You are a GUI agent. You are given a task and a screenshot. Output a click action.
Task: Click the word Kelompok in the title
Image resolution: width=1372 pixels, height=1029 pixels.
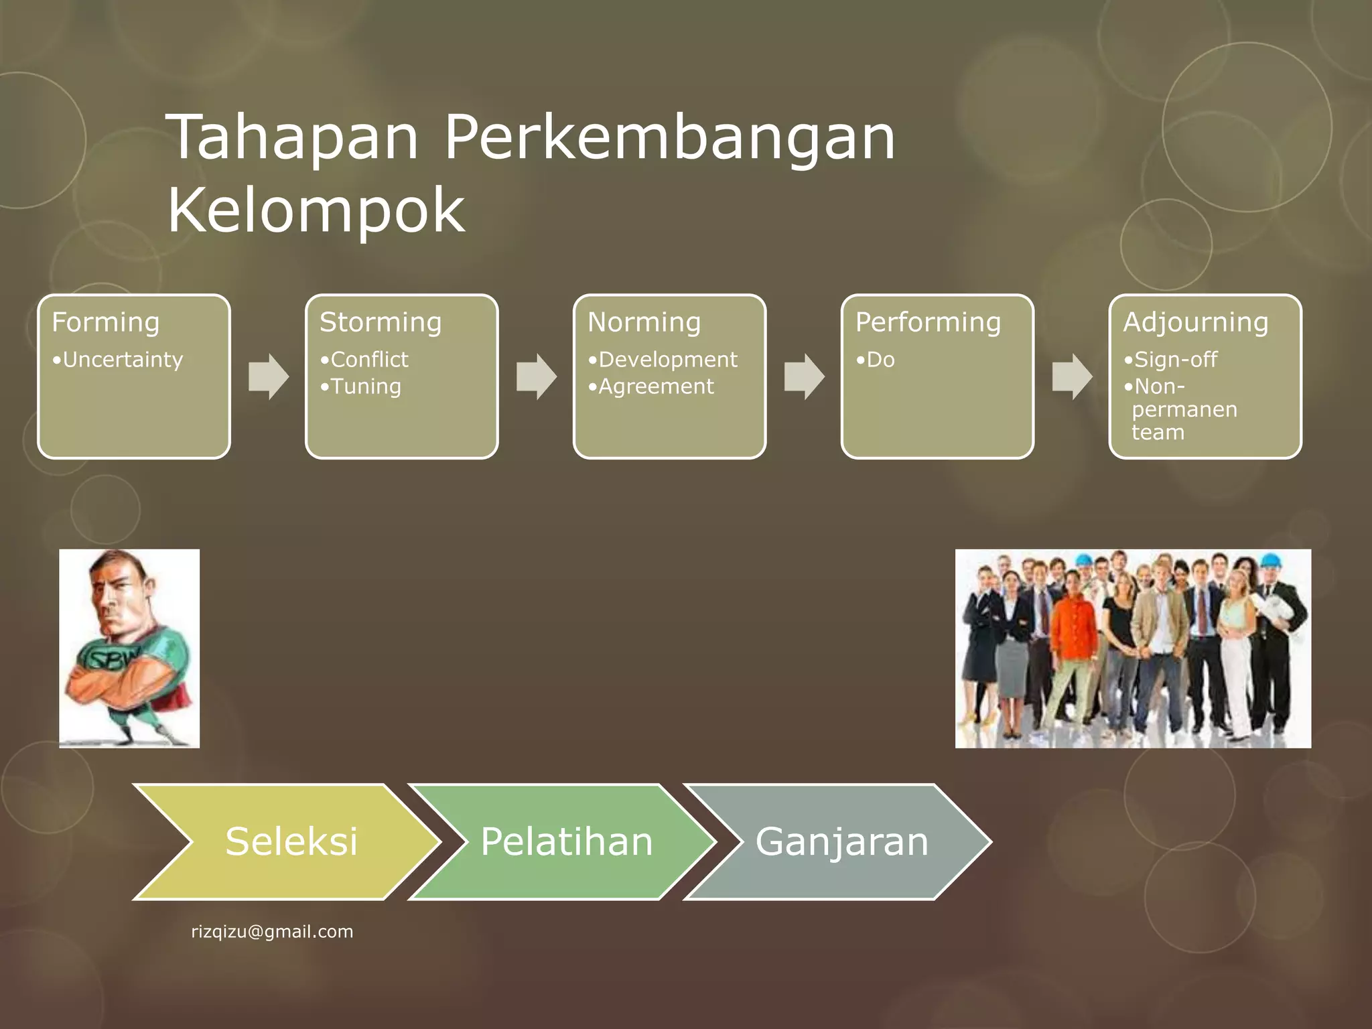tap(316, 211)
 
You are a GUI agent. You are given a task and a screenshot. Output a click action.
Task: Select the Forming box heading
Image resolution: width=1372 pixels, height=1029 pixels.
tap(106, 322)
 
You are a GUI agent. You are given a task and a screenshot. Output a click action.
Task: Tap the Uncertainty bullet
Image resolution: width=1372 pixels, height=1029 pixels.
tap(118, 360)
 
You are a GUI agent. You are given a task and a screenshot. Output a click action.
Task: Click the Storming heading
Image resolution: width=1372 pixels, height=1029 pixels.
tap(381, 322)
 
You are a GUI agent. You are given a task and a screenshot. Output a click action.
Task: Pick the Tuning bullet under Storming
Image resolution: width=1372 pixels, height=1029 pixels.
tap(362, 387)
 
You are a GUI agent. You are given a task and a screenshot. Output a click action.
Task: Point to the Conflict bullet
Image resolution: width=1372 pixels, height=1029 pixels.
tap(366, 360)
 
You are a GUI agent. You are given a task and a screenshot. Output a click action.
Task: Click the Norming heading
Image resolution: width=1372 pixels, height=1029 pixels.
tap(644, 322)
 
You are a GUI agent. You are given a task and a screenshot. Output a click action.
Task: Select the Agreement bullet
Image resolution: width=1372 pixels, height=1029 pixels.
tap(652, 387)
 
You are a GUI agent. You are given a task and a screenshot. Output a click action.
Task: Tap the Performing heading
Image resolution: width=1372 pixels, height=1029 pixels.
tap(928, 322)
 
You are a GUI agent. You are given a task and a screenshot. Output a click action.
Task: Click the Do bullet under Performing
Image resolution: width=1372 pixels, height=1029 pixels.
tap(876, 360)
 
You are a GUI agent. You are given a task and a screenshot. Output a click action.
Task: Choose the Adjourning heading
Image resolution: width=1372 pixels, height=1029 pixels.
tap(1195, 322)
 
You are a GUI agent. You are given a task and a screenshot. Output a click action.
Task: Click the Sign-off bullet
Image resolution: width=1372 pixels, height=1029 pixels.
tap(1172, 360)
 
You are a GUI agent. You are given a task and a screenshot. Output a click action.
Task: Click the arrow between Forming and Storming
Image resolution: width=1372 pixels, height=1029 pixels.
tap(269, 376)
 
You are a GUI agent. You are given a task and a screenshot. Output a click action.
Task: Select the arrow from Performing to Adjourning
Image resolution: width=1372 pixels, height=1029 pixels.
tap(1072, 376)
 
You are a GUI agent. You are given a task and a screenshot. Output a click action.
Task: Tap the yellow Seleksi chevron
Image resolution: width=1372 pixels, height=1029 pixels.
tap(291, 841)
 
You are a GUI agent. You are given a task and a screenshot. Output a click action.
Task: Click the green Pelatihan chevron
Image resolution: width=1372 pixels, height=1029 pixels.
tap(566, 841)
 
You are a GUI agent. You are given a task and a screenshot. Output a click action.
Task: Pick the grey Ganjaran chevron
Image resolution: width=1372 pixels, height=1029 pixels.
tap(841, 841)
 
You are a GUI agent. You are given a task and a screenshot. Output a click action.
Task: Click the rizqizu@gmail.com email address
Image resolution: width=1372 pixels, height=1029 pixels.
tap(272, 932)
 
